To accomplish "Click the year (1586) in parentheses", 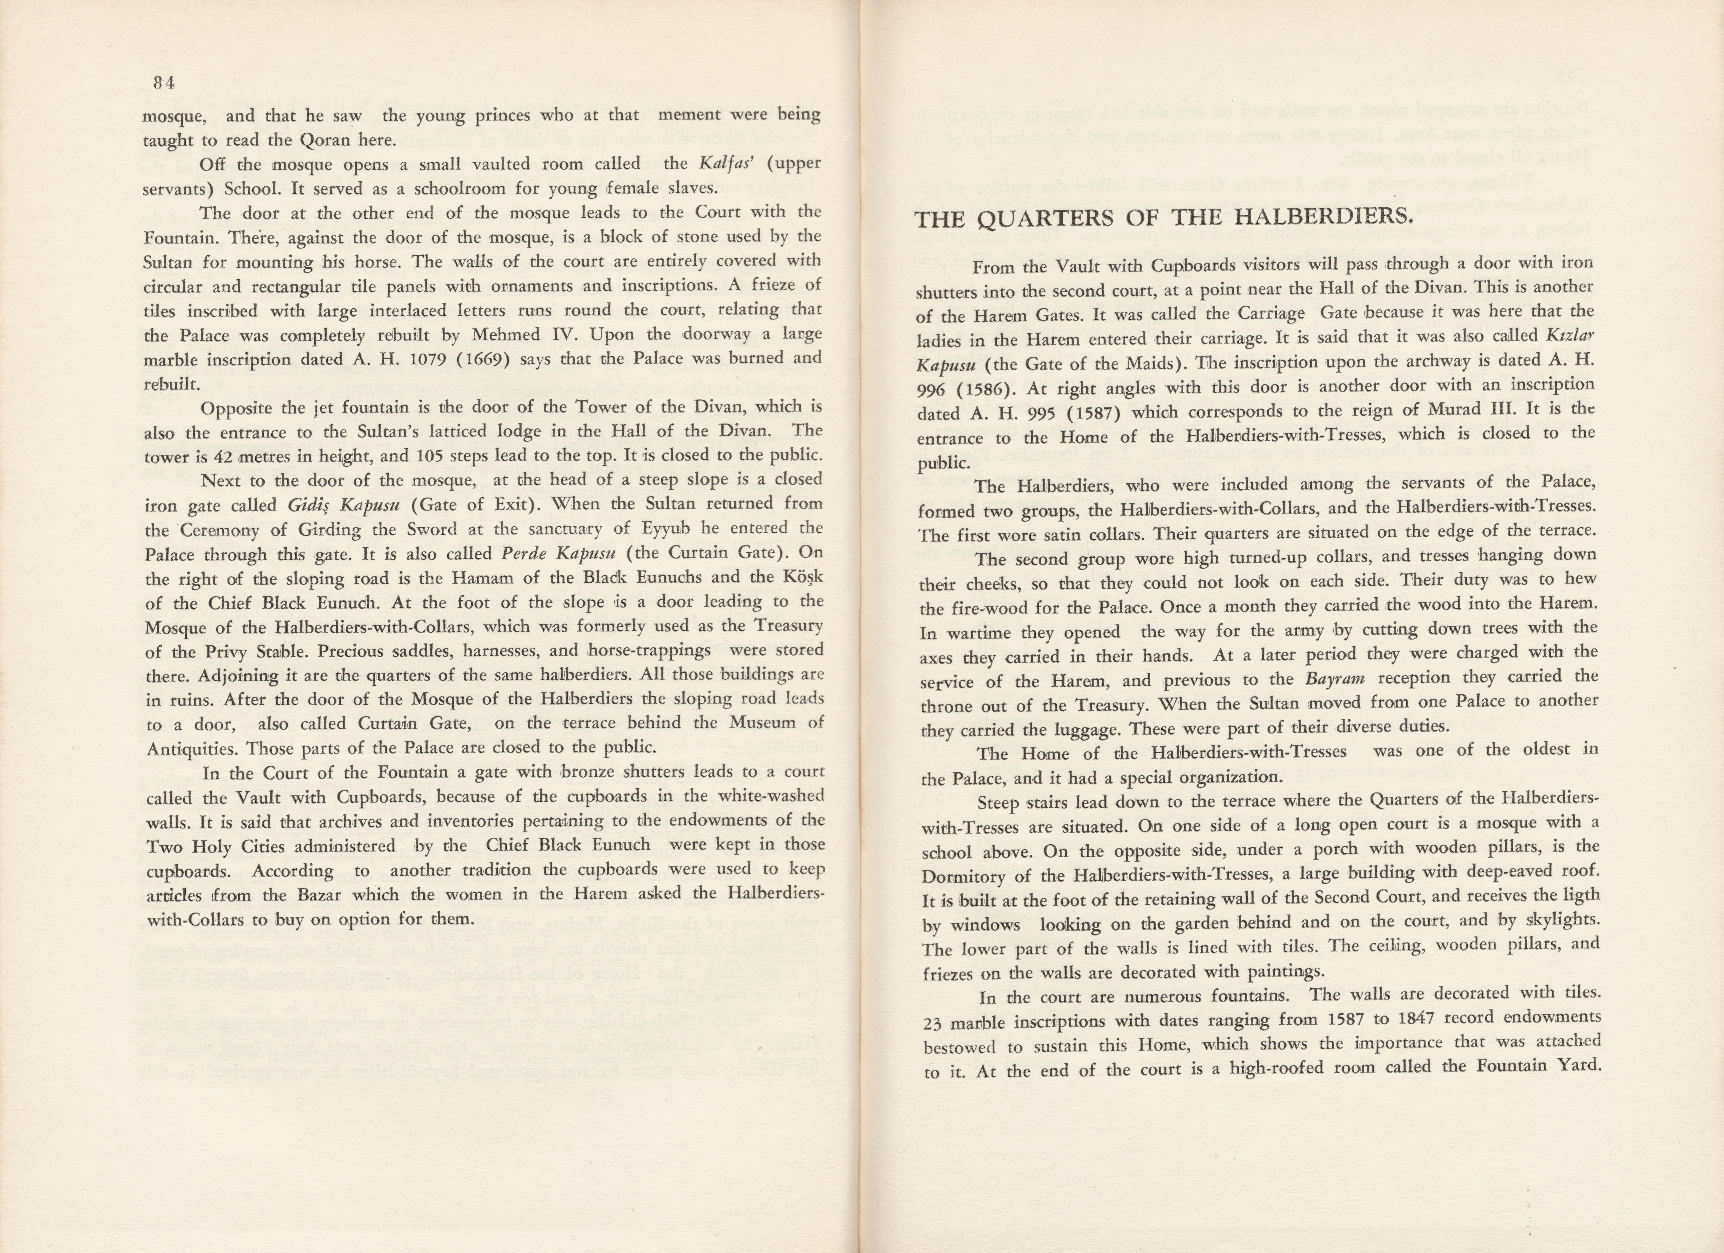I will point(981,388).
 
